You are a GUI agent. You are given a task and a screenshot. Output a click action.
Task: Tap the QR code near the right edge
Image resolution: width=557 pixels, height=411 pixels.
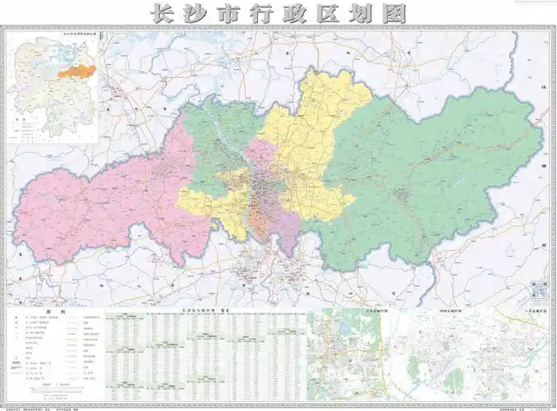pos(539,289)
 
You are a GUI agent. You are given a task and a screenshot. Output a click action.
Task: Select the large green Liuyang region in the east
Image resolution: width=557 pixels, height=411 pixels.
pos(427,181)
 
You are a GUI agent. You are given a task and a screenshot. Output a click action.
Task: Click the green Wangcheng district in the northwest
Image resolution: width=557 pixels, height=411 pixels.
pos(218,144)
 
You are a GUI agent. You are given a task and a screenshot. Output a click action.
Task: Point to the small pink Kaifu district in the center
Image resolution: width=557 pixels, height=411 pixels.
pos(261,156)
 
